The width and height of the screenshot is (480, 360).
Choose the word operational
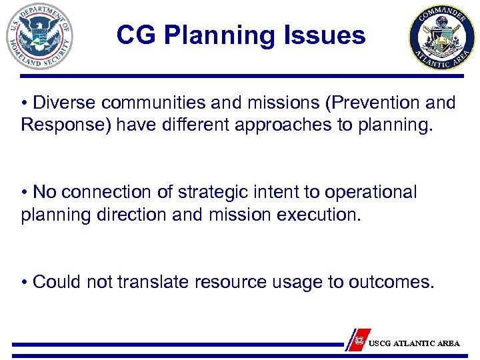[x=370, y=193]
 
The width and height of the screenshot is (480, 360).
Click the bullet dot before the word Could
[x=25, y=282]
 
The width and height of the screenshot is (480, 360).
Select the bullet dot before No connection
[x=25, y=193]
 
